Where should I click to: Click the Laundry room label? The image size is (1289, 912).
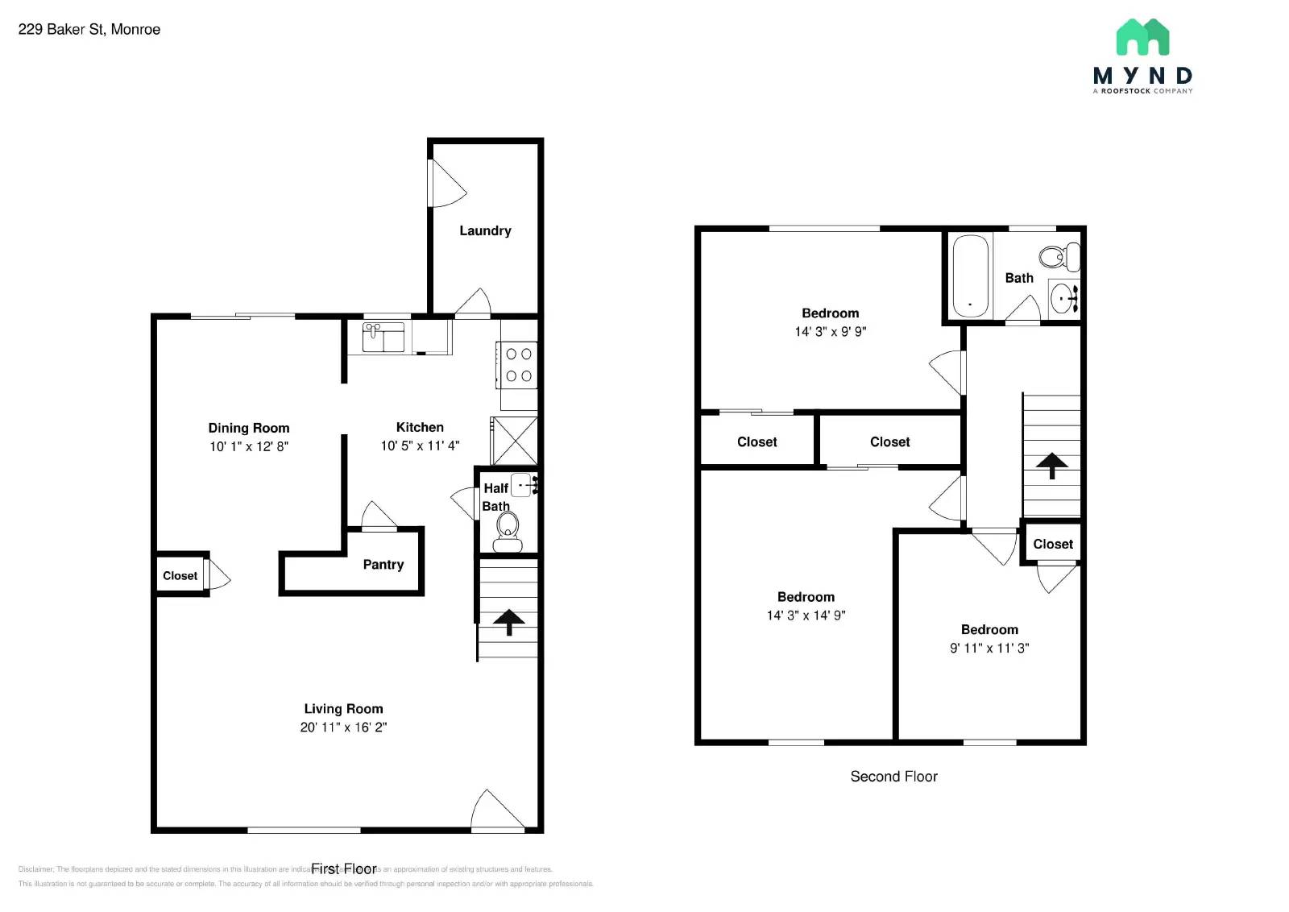485,230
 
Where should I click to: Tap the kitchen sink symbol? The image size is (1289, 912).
383,337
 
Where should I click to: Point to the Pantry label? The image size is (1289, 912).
383,564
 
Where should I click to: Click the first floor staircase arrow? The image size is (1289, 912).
508,621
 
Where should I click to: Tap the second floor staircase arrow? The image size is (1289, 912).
1051,465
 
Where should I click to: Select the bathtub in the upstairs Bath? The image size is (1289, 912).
970,276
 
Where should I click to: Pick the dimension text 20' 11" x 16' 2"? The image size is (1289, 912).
343,727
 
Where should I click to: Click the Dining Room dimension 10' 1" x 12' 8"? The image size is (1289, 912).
249,446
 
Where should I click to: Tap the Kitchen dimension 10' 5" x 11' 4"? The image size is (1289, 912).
420,446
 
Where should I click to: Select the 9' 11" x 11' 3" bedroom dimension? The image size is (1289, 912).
989,648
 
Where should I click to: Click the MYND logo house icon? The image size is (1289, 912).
1142,38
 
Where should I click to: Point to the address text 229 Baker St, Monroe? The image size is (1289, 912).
89,29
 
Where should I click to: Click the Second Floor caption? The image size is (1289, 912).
893,776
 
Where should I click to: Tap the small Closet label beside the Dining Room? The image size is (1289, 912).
180,575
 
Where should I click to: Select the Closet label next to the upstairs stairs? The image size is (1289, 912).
1052,544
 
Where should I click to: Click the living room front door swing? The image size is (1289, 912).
493,810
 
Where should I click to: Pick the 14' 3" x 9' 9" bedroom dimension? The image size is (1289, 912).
830,331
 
